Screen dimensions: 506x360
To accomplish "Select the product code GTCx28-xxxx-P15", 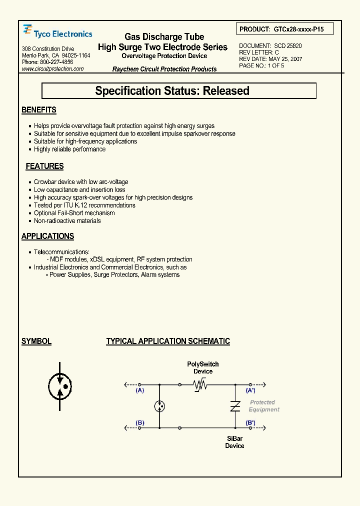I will click(299, 29).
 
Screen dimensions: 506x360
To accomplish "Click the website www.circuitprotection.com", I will click(53, 69).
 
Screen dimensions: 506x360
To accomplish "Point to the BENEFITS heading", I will click(39, 110).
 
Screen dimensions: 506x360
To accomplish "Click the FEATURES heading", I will click(44, 166).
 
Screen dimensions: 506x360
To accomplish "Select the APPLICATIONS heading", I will click(47, 236).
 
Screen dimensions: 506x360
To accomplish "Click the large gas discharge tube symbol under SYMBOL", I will click(60, 386).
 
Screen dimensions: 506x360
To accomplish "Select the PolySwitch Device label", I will click(203, 367).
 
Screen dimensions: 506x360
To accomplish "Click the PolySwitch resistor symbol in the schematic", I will click(200, 384).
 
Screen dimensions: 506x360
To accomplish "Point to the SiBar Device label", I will click(234, 442).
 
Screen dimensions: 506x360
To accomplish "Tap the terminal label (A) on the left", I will click(140, 390).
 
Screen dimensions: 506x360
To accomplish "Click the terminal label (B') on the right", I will click(250, 423).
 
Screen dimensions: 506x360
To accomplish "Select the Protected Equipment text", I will click(264, 406).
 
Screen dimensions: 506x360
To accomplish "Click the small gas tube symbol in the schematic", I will click(159, 406).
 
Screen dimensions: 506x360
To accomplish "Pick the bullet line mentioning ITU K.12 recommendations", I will click(84, 205).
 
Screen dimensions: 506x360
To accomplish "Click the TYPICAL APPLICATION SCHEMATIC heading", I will click(168, 341).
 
